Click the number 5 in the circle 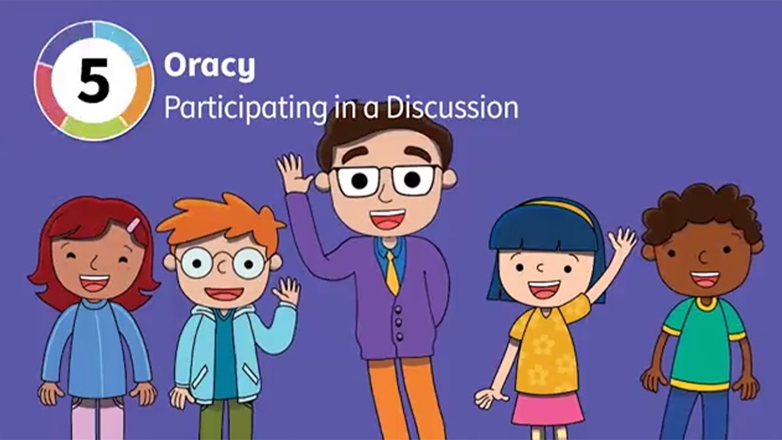click(93, 81)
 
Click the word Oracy click(209, 67)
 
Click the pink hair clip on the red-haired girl click(133, 225)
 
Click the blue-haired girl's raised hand click(622, 243)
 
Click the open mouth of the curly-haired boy click(705, 279)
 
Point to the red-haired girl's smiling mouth click(95, 282)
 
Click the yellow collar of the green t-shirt click(706, 304)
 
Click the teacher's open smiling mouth click(388, 219)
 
